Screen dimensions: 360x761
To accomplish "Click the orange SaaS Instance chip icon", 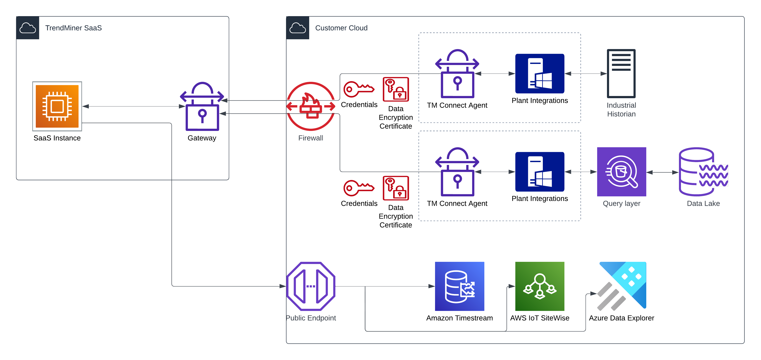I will click(x=57, y=106).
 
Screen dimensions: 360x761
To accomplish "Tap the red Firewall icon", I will click(x=311, y=106).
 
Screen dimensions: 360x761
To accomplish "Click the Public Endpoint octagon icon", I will click(x=311, y=286).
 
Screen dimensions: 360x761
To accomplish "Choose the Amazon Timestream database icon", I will click(x=459, y=286).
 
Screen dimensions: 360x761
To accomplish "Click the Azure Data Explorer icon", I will click(x=622, y=286).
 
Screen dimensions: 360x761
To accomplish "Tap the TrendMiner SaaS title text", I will click(x=73, y=28).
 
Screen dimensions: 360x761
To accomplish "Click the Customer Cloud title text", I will click(x=341, y=28).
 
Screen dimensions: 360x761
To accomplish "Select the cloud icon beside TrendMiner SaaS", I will click(x=27, y=28).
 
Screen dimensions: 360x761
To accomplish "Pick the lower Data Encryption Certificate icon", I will click(x=396, y=188).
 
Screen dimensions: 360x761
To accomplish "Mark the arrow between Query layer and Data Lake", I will click(x=663, y=172).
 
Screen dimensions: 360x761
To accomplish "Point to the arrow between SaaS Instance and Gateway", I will click(x=134, y=106).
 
